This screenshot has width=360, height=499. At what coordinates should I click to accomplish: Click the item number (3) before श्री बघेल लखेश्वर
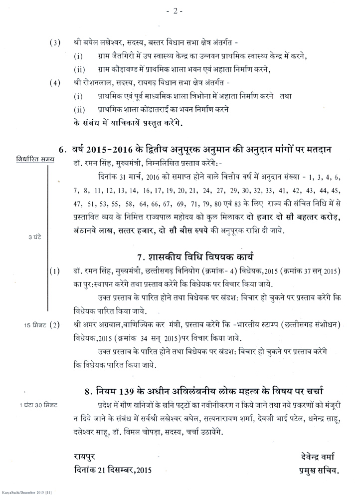click(x=54, y=43)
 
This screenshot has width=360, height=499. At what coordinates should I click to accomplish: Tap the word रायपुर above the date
click(x=83, y=456)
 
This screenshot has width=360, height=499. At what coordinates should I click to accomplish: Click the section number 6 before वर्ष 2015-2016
click(x=62, y=149)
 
